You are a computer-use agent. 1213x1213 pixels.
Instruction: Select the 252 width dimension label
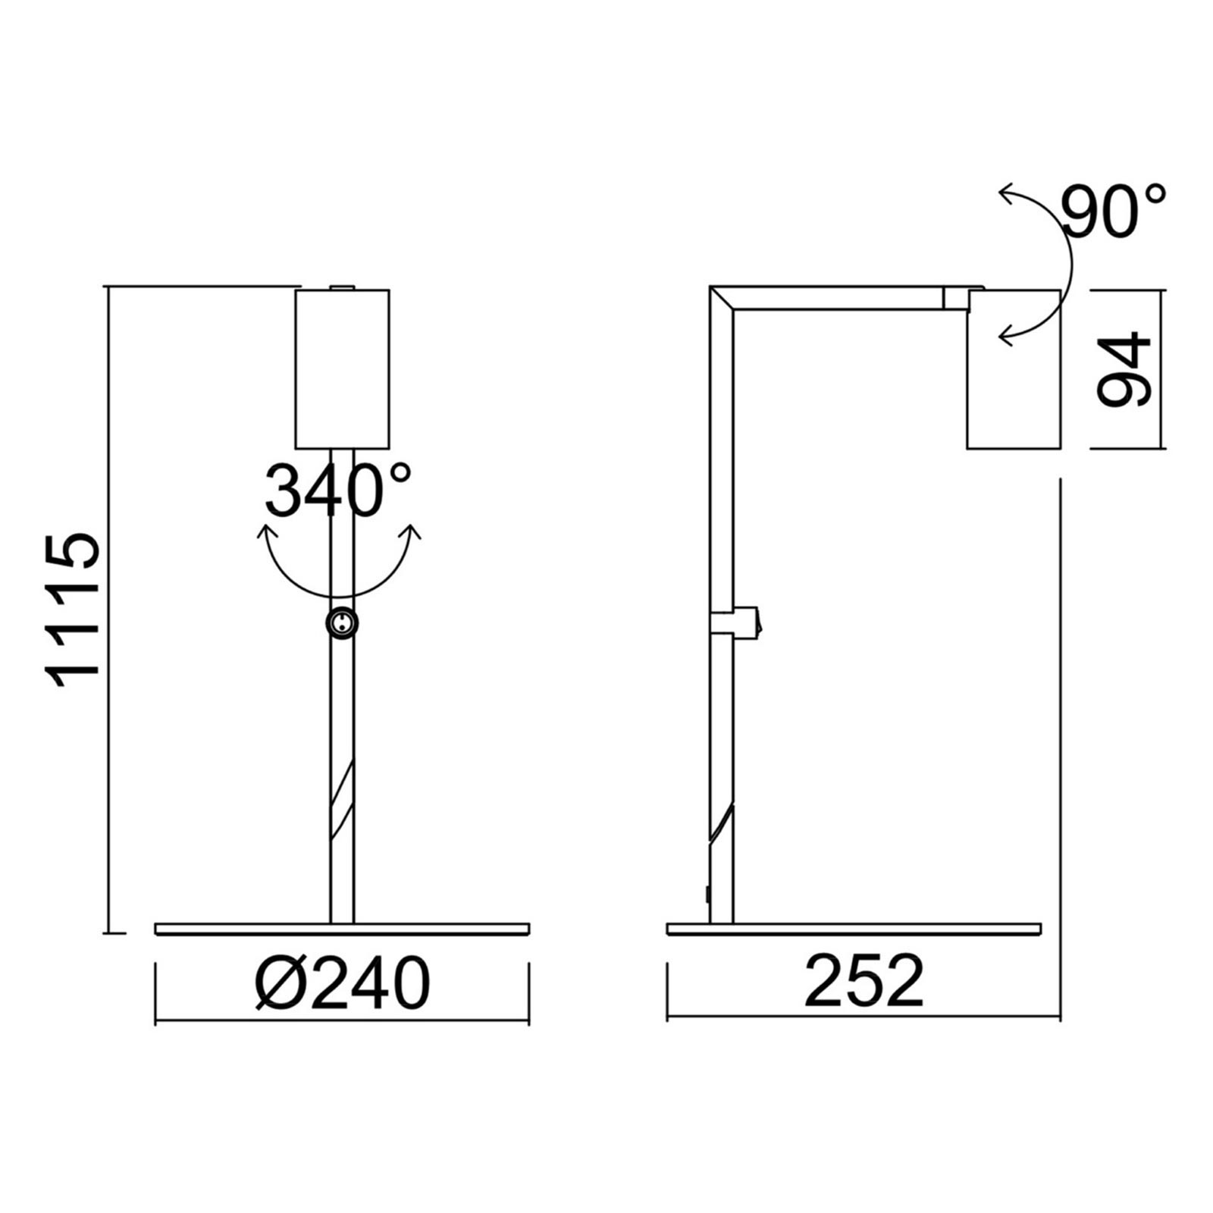(x=864, y=982)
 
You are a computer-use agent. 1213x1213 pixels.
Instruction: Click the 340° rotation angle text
(x=337, y=491)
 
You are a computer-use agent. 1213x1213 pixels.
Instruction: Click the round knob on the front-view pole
(x=342, y=623)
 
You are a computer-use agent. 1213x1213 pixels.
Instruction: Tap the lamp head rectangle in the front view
(x=342, y=368)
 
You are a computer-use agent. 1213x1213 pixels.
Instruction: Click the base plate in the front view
(x=342, y=929)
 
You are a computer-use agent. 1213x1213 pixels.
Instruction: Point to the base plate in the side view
(x=854, y=929)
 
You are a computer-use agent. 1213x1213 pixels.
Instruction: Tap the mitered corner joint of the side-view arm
(x=722, y=298)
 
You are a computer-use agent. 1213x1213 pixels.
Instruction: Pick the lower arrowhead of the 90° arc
(x=1006, y=334)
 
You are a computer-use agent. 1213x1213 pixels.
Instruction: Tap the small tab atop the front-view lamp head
(x=343, y=287)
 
